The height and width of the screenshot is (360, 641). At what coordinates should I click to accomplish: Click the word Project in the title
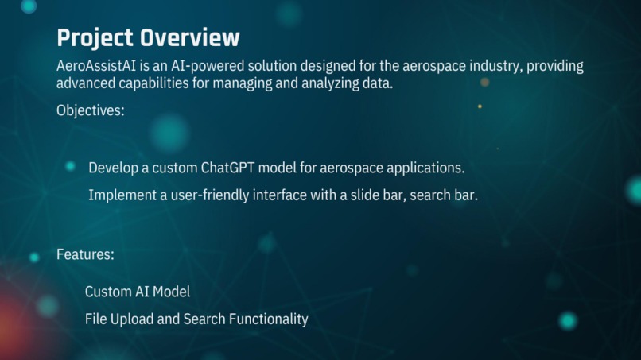click(x=95, y=37)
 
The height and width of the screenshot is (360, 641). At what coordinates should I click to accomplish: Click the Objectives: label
click(x=90, y=110)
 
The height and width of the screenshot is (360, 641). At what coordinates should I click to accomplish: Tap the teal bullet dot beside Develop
click(x=70, y=166)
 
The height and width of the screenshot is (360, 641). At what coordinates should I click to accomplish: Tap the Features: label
click(x=85, y=255)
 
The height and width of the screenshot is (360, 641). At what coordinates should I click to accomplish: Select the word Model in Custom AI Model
click(x=172, y=292)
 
